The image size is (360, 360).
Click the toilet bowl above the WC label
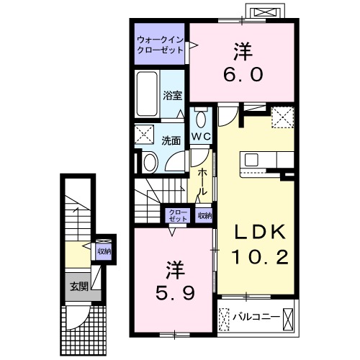(202, 118)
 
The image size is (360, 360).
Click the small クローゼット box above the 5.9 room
(177, 215)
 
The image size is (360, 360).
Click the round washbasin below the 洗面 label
(148, 161)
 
